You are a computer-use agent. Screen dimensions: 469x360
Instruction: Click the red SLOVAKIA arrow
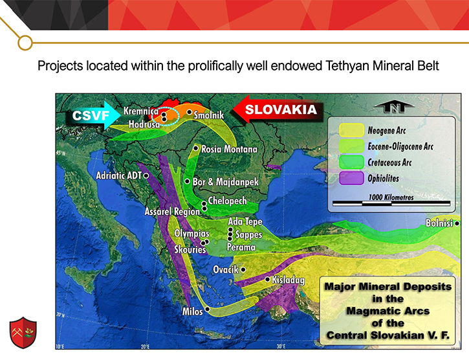(278, 109)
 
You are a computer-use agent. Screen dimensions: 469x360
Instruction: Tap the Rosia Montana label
(229, 149)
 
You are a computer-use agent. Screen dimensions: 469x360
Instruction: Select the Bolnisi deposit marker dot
(457, 223)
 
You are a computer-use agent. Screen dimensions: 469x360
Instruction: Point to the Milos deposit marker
(207, 309)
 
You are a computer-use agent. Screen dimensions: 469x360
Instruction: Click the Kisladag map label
(288, 280)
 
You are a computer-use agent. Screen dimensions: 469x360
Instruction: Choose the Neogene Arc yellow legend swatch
(351, 130)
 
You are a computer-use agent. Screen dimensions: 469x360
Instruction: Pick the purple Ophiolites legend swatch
(351, 178)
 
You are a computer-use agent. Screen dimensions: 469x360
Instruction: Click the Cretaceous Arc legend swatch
(351, 163)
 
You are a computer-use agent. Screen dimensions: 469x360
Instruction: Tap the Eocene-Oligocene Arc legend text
(400, 146)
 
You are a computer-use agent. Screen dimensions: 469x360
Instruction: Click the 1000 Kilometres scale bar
(391, 204)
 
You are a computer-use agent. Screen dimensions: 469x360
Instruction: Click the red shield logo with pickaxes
(23, 332)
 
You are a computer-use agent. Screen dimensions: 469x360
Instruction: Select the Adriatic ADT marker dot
(146, 176)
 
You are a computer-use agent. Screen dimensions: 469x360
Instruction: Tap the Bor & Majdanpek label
(226, 182)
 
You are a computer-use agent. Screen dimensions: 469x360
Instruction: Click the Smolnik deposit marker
(190, 112)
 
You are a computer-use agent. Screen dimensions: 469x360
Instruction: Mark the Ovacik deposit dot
(243, 270)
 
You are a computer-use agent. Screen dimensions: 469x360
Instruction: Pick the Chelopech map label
(227, 201)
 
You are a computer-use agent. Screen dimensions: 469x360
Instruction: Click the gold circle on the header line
(25, 43)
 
